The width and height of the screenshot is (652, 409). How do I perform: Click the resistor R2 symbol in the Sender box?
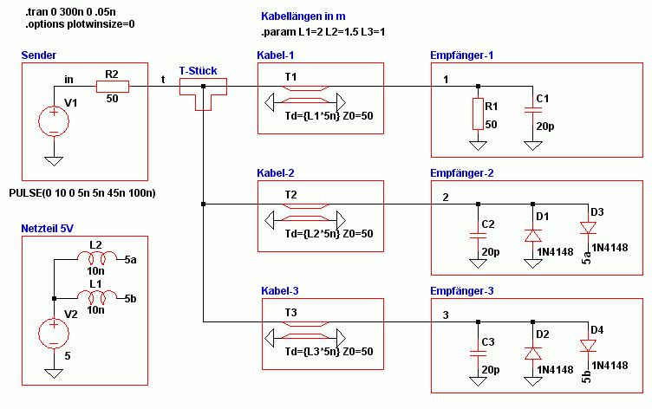pos(113,87)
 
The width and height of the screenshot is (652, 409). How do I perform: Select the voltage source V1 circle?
pos(54,121)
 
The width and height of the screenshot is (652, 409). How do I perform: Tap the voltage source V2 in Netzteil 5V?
pos(54,334)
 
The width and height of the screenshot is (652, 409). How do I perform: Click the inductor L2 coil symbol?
pos(97,257)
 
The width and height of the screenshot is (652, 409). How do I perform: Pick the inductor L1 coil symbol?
pos(97,296)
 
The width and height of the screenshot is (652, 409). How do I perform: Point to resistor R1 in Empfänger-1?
pos(479,114)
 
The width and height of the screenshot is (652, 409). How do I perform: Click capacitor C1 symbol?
pos(532,110)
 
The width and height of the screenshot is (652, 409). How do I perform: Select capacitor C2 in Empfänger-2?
pos(479,236)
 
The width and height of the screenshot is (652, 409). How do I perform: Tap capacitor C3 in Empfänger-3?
pos(479,354)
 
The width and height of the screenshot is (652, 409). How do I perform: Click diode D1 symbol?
pos(532,236)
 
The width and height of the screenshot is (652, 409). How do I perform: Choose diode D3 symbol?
pos(588,228)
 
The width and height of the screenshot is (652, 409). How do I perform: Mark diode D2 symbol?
pos(532,354)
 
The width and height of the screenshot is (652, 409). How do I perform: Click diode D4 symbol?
pos(588,346)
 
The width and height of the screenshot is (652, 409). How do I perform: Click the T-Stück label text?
pos(198,71)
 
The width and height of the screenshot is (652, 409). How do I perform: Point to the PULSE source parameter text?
pos(82,193)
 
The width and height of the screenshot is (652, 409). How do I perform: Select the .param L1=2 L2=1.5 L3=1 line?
pos(323,32)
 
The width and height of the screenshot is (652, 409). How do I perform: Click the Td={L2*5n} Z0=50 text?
pos(329,234)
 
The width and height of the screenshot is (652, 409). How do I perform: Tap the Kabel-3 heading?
pos(280,291)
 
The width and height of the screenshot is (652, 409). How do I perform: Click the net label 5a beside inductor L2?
pos(131,260)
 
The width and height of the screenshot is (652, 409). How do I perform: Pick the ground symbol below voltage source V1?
pos(54,161)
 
